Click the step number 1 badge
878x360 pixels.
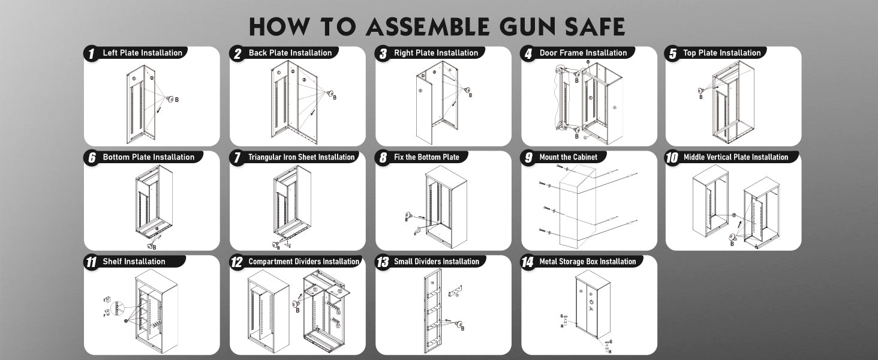[91, 54]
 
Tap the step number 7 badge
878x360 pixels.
[237, 158]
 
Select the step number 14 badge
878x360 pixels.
[528, 263]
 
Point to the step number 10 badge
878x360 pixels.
[672, 158]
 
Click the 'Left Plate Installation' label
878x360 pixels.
[143, 53]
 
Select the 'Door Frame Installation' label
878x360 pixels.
[583, 53]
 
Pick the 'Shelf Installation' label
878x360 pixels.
[134, 262]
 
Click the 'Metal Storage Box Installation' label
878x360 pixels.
[588, 262]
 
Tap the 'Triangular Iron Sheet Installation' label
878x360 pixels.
[302, 157]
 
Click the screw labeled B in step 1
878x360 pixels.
[170, 98]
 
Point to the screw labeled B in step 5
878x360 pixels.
[700, 91]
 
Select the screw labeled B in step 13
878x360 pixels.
[459, 325]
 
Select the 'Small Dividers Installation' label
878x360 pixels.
[437, 262]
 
